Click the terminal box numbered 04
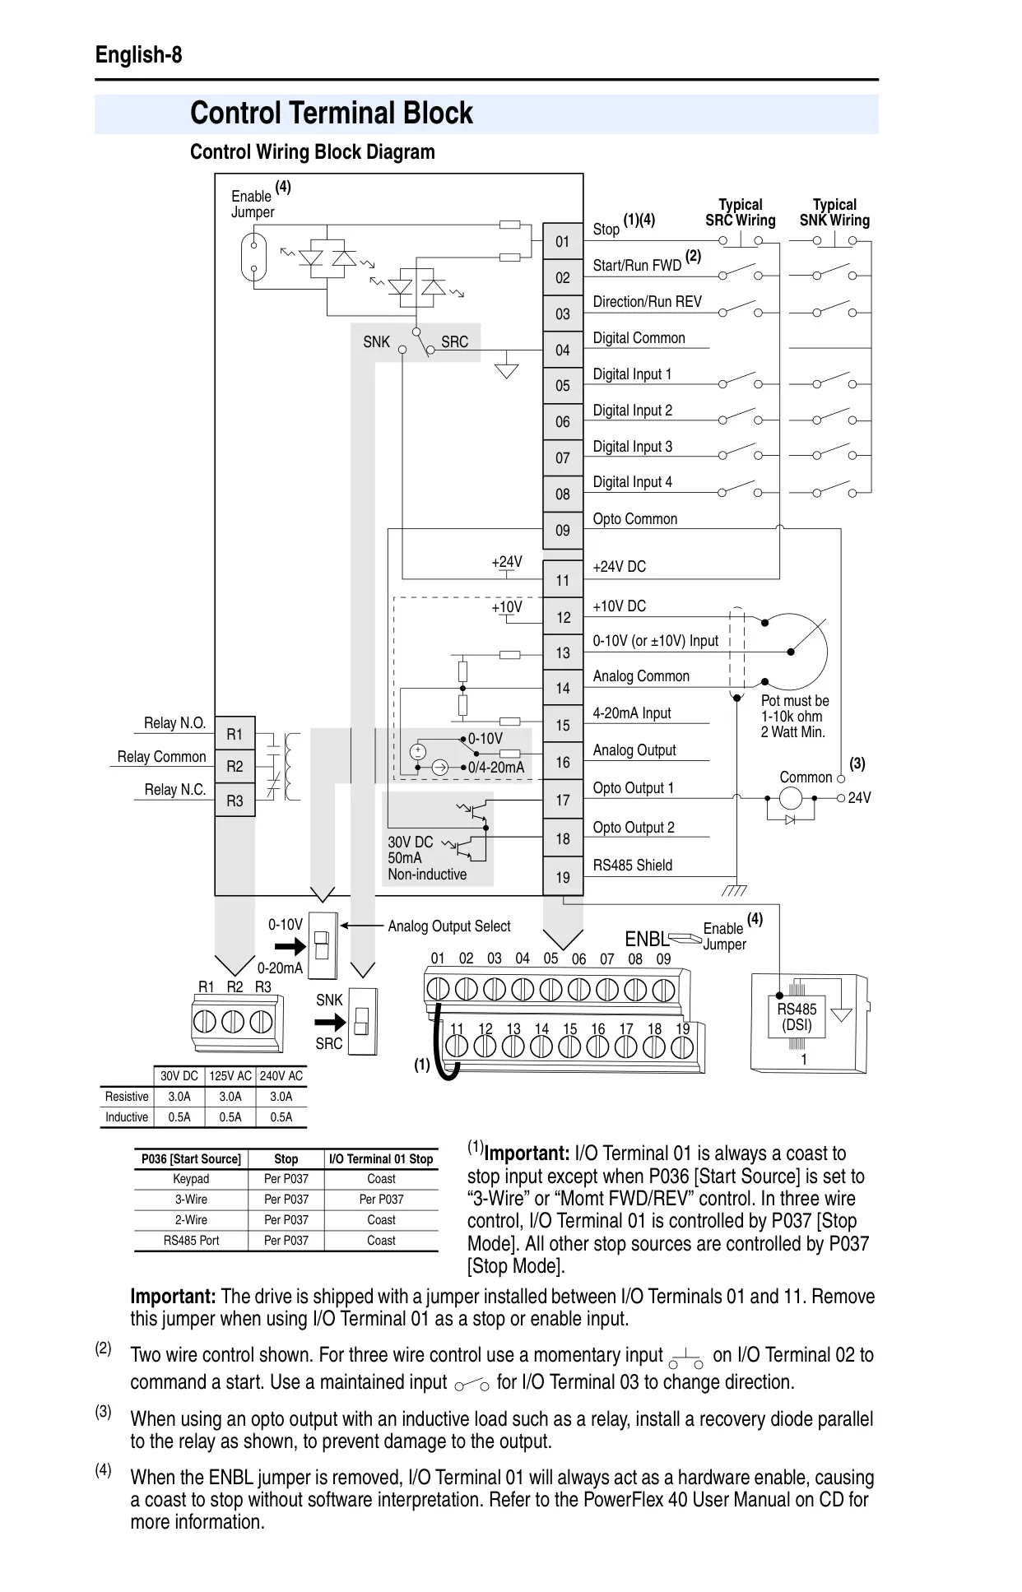563,350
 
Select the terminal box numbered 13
563,652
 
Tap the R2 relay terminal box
235,767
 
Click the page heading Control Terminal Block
332,114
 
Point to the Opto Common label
635,519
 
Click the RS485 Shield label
633,866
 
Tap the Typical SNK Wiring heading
834,212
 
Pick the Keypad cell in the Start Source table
191,1179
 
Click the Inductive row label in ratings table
127,1117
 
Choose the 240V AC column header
281,1076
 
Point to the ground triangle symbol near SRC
507,369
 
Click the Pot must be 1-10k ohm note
795,717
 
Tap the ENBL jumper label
647,940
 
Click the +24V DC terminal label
620,567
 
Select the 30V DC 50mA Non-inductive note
427,858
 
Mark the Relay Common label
161,757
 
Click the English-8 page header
139,55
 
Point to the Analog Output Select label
449,926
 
